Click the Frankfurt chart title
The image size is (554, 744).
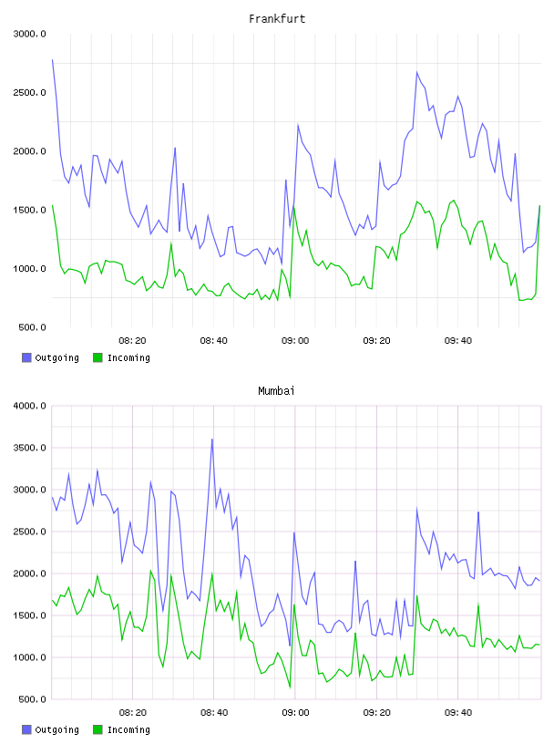277,19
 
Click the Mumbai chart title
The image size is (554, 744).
276,391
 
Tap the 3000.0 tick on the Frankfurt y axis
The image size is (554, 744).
30,34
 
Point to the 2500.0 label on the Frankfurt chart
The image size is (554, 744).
30,92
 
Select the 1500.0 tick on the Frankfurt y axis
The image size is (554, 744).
30,211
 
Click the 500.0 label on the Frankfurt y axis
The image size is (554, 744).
32,327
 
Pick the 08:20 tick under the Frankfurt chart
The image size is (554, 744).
132,341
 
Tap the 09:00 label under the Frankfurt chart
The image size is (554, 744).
295,341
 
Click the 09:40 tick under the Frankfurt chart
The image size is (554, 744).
458,341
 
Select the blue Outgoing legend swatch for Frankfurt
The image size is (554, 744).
26,357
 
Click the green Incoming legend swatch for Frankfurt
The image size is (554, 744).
97,357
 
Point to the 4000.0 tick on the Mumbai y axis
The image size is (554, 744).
30,406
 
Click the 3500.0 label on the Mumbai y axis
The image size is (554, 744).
30,448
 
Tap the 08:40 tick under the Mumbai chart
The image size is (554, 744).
214,713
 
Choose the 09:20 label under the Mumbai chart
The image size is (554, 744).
376,713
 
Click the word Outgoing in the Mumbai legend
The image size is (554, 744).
56,729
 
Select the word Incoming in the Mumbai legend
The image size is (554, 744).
128,729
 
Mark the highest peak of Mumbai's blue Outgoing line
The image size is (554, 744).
212,439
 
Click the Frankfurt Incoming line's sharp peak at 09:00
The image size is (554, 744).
294,207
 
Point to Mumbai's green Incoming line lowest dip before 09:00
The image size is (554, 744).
290,687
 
